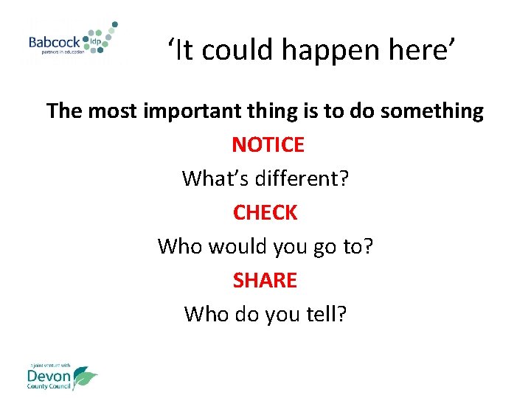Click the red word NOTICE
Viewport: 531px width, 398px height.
click(x=268, y=144)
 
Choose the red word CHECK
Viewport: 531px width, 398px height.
click(x=265, y=212)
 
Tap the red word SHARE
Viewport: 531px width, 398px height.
click(x=265, y=280)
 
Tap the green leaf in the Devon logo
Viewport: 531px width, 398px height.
click(x=85, y=377)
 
